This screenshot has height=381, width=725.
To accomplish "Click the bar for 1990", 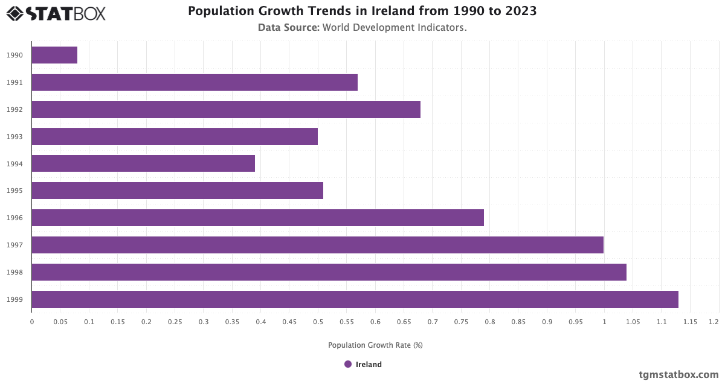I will [x=54, y=55].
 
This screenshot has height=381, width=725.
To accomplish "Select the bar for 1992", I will [x=226, y=109].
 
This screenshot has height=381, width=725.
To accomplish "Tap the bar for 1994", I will [x=143, y=163].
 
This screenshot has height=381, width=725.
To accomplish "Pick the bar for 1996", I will [x=257, y=218].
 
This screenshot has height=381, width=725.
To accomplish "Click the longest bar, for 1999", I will [x=355, y=299].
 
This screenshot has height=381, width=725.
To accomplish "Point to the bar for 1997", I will [x=317, y=245].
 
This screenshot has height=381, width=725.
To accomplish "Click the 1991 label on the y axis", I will [x=15, y=82].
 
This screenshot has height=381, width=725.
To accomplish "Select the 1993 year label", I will [x=15, y=137].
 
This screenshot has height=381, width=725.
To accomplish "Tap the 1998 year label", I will [x=15, y=272].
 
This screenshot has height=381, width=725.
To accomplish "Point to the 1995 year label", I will [x=15, y=191].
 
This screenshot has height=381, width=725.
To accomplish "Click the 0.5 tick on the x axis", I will [x=318, y=322].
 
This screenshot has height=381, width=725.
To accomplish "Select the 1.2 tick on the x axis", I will [x=714, y=322].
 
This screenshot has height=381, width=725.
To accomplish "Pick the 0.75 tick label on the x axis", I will [x=461, y=322].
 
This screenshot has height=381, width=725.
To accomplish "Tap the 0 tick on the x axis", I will [x=32, y=322].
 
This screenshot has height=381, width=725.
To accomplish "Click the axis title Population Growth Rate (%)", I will [x=375, y=345].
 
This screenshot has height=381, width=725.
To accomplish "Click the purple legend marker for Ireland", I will [x=348, y=364].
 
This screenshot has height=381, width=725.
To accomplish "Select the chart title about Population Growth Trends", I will [x=362, y=11].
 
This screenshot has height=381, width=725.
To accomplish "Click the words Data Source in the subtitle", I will [x=288, y=27].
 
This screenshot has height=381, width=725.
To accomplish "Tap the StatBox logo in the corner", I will [x=56, y=13].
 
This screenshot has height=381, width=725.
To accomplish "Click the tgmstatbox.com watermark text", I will [x=678, y=374].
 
